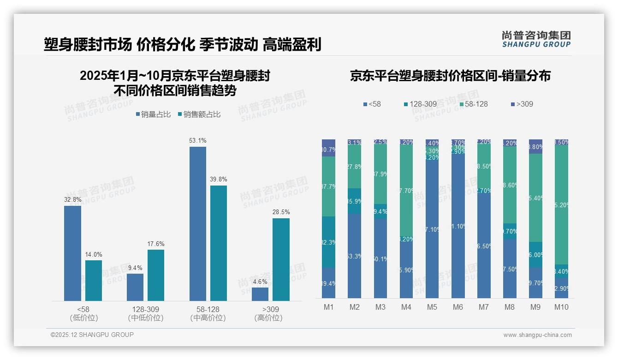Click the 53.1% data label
coord(198,140)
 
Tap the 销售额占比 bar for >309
coord(281,259)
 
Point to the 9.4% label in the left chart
coord(135,268)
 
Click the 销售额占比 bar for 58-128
coord(219,243)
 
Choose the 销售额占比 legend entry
coord(199,114)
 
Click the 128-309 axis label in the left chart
coord(146,309)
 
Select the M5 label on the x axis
coord(432,307)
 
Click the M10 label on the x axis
coord(561,307)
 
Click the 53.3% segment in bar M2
coord(354,256)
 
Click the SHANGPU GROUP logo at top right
coord(536,39)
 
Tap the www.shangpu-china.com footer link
coord(537,335)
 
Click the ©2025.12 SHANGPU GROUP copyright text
coord(92,335)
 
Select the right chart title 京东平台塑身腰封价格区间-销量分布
coord(450,76)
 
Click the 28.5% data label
coord(281,212)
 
